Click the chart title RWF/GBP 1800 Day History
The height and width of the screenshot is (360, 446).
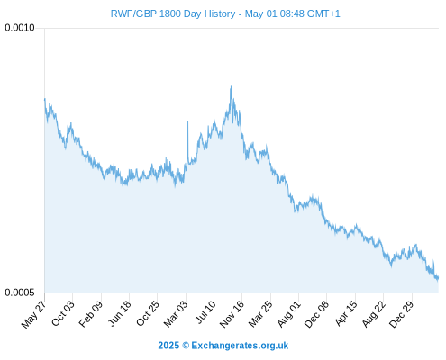coord(173,13)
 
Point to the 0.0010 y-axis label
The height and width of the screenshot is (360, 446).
coord(20,28)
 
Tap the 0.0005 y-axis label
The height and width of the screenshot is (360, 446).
coord(20,292)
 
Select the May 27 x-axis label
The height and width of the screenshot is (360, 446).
coord(33,314)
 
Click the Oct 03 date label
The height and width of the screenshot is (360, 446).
coord(62,313)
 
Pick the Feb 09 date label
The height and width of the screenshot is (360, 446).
coord(90,313)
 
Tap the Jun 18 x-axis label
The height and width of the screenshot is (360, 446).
coord(119,313)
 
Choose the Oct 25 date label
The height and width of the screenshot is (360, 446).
coord(147,313)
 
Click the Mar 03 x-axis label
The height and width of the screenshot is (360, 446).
coord(175,313)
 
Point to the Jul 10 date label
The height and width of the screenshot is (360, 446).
coord(205,312)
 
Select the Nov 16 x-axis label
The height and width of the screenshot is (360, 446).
coord(232,314)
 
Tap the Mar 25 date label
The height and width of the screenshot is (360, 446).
coord(260,313)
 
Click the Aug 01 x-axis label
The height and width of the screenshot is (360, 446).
coord(288,313)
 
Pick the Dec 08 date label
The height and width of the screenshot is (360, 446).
coord(316,314)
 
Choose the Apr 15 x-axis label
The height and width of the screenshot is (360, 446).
coord(346,313)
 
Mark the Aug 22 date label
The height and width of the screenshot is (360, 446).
coord(373,314)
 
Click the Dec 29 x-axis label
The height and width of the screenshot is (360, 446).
coord(401,314)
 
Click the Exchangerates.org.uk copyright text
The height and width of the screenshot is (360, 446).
coord(223,346)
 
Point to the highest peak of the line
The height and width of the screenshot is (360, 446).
coord(231,86)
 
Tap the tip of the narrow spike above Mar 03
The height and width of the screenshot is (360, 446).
coord(188,121)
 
